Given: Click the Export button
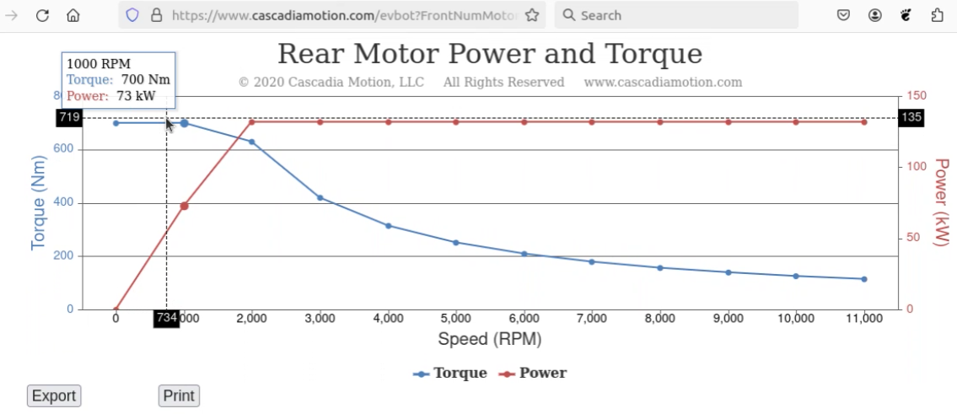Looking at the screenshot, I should click(x=54, y=395).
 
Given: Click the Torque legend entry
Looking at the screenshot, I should click(x=450, y=374).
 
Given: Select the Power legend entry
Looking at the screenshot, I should click(x=533, y=374).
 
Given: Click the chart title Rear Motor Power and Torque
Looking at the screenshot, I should click(x=489, y=54).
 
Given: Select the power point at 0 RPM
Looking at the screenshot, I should click(x=116, y=309).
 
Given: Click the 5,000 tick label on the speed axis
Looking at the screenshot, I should click(x=456, y=319).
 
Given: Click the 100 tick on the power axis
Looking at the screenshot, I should click(x=911, y=167).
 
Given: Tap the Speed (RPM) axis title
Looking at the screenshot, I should click(x=489, y=340).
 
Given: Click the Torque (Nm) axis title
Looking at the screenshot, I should click(x=38, y=203).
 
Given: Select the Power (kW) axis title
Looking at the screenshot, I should click(x=942, y=203).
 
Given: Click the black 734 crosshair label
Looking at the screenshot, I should click(x=166, y=319).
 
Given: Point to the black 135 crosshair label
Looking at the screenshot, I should click(x=911, y=118).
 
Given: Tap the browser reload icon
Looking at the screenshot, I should click(x=43, y=15).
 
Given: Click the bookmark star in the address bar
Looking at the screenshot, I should click(x=531, y=15).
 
